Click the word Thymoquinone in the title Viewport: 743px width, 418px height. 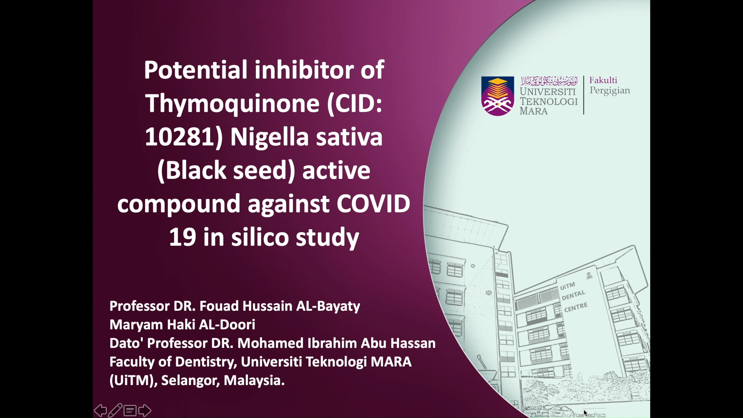point(232,104)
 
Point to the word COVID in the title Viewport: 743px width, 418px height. point(373,204)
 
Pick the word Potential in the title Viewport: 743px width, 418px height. point(195,70)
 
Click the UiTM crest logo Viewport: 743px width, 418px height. point(498,96)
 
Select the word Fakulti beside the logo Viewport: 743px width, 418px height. point(603,80)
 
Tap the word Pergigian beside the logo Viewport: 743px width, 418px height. point(610,91)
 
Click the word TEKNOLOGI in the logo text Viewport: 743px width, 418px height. point(549,101)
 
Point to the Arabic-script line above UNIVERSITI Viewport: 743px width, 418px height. point(549,81)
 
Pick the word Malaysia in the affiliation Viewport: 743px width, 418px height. point(254,380)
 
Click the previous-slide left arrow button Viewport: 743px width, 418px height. point(100,410)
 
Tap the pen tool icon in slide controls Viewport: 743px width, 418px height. point(115,410)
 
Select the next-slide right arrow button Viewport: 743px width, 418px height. point(144,410)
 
